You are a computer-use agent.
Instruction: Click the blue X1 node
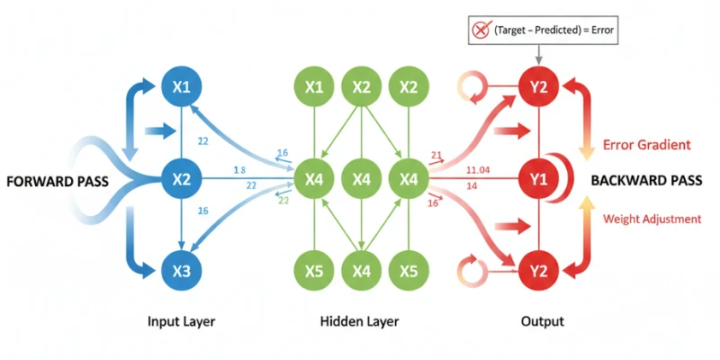pyautogui.click(x=183, y=87)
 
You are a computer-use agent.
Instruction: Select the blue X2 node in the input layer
pyautogui.click(x=183, y=180)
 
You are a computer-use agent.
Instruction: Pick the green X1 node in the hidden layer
pyautogui.click(x=314, y=87)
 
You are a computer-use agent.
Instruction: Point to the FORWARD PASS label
pyautogui.click(x=57, y=181)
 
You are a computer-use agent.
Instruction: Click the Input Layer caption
pyautogui.click(x=183, y=321)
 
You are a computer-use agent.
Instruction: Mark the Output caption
pyautogui.click(x=539, y=321)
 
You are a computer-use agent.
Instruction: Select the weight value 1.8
pyautogui.click(x=238, y=169)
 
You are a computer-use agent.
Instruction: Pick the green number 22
pyautogui.click(x=283, y=200)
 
